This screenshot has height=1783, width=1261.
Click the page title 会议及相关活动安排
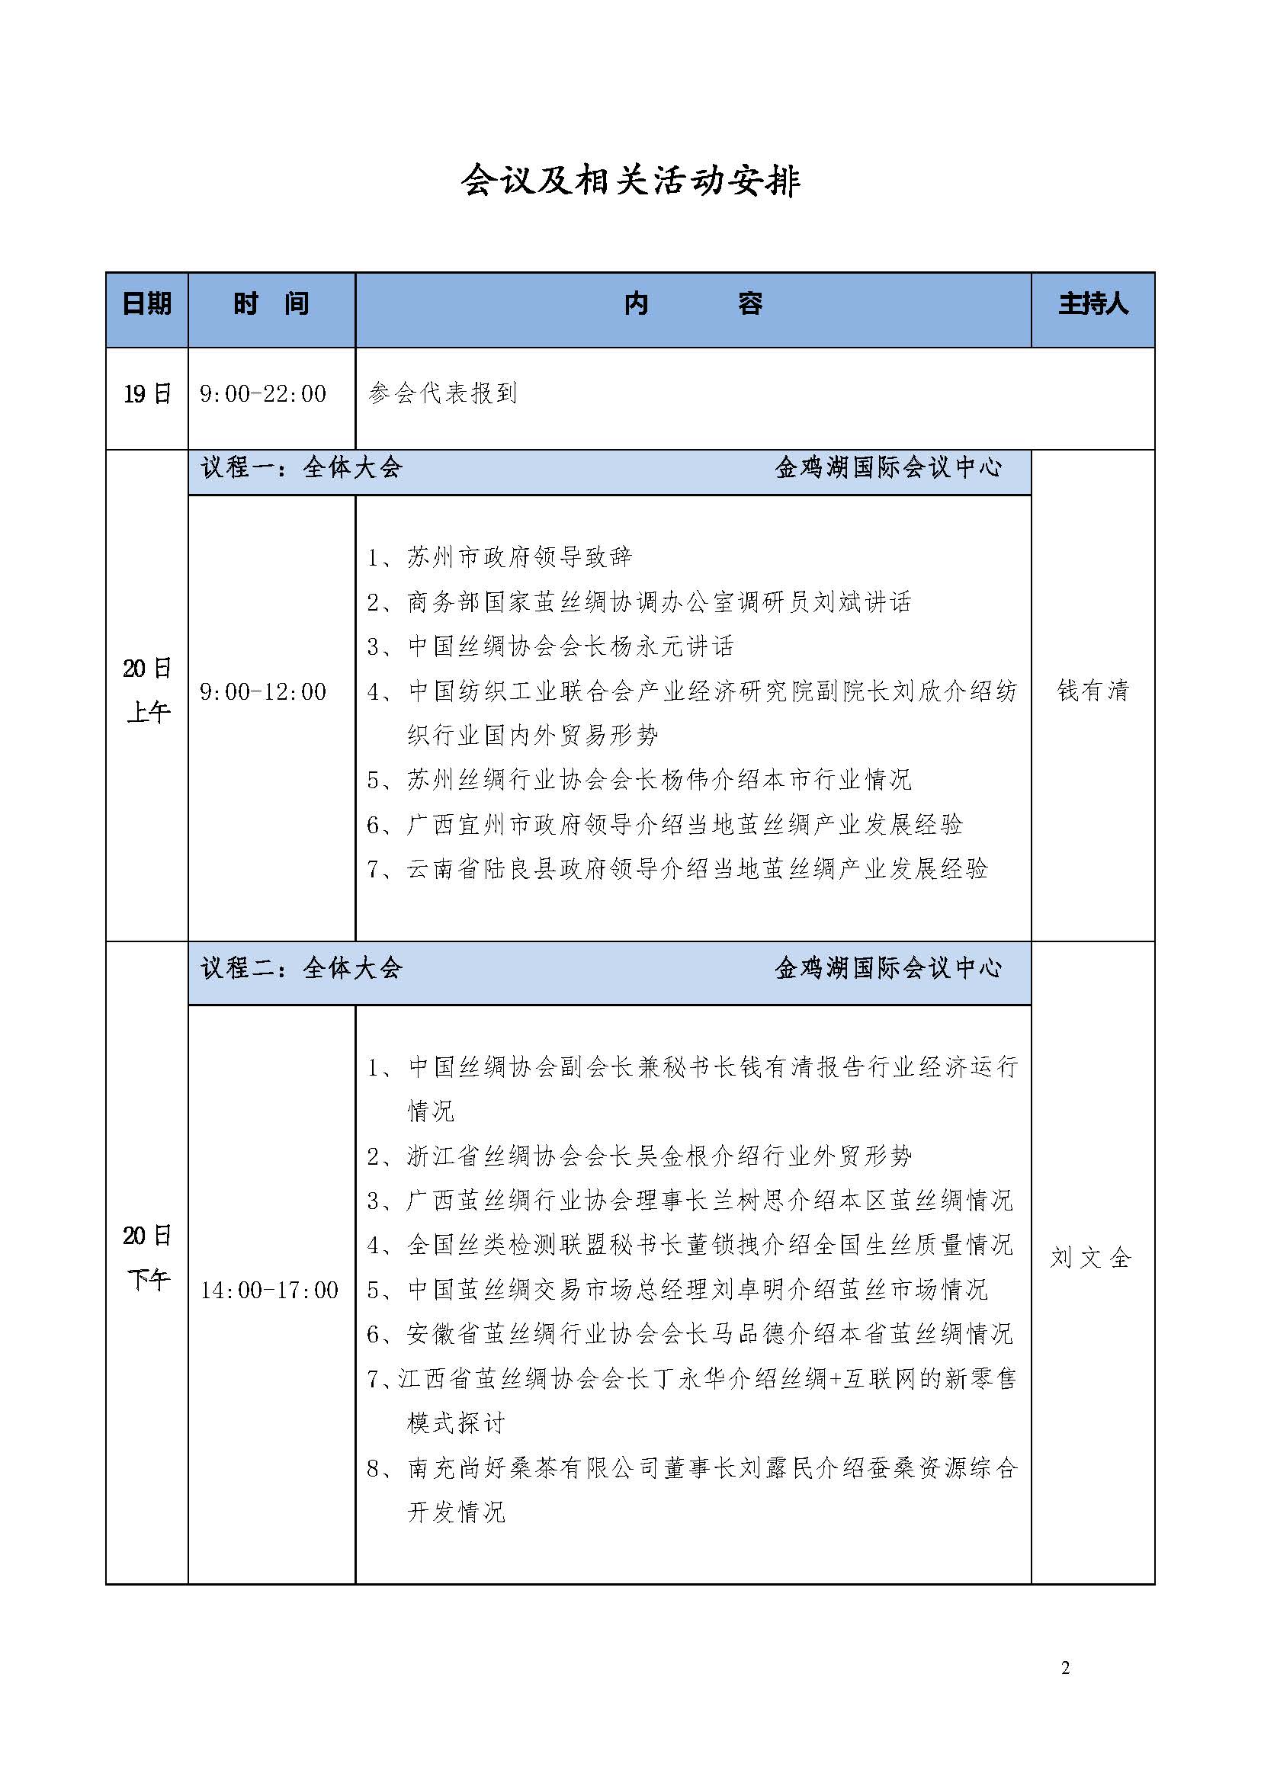630,181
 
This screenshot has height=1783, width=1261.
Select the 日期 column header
146,303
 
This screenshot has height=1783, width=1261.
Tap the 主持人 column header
1093,303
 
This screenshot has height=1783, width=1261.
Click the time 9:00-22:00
263,393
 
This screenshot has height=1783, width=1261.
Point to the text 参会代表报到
443,393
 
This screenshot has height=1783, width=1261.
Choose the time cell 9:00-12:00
263,692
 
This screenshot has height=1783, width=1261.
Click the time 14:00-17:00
269,1290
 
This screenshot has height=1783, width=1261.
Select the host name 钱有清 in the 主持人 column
1093,691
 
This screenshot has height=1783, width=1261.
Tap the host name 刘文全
1091,1257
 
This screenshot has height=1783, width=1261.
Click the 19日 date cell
146,393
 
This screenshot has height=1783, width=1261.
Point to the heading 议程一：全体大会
302,467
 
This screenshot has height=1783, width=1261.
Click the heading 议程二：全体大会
302,967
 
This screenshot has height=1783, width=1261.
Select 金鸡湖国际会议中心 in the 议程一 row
888,467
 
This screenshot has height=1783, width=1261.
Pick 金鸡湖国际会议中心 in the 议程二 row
888,967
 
